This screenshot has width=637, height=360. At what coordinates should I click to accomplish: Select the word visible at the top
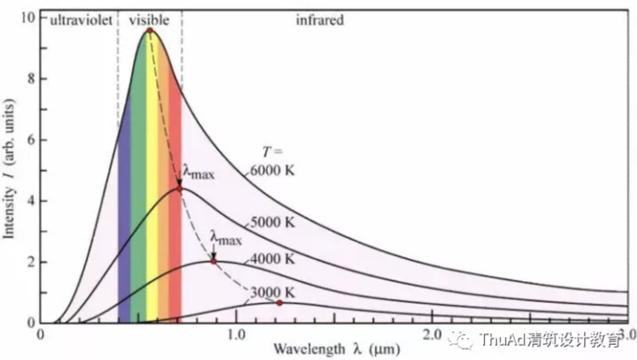[x=149, y=18]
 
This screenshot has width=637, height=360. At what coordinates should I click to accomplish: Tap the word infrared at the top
[x=318, y=18]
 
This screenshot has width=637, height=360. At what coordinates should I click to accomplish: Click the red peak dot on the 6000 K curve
[x=150, y=31]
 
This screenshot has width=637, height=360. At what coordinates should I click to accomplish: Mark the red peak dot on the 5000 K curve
[x=180, y=189]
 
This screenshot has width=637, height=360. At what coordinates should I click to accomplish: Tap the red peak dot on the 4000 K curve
[x=213, y=261]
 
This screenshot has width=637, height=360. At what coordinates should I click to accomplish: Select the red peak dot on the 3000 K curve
[x=280, y=303]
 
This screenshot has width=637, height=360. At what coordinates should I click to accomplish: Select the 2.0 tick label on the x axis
[x=431, y=336]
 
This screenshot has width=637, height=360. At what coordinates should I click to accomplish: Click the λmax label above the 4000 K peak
[x=226, y=236]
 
